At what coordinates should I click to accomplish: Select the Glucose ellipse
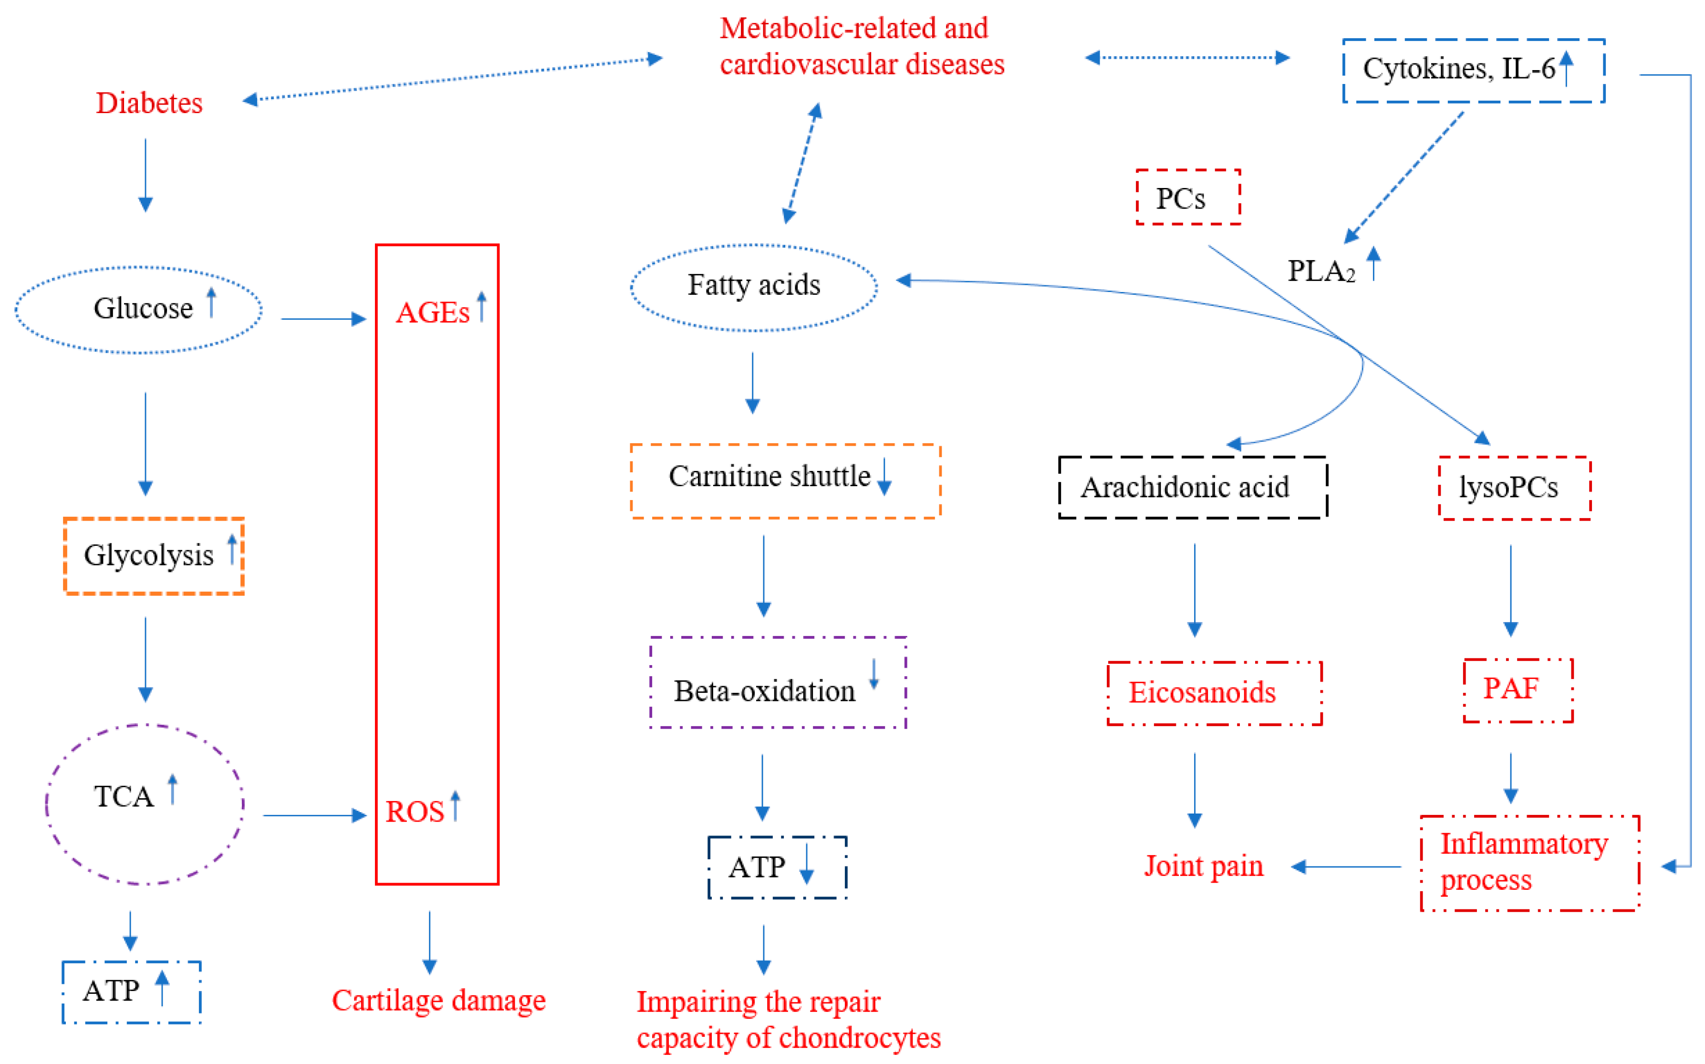[x=138, y=310]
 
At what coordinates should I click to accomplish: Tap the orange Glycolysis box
[x=153, y=556]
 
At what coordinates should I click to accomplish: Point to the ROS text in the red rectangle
[x=416, y=812]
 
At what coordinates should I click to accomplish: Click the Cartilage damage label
[x=438, y=1000]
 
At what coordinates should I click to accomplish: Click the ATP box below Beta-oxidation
[x=777, y=867]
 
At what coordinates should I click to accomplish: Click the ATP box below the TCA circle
[x=132, y=991]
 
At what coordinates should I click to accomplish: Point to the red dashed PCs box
[x=1187, y=198]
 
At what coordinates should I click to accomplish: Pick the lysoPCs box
[x=1514, y=488]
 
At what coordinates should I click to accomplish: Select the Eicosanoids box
[x=1214, y=693]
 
